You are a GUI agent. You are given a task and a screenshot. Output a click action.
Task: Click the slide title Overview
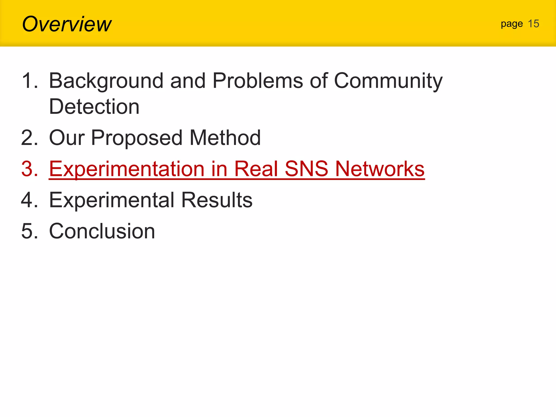point(67,24)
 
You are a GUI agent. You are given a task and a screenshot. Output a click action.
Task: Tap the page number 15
point(533,24)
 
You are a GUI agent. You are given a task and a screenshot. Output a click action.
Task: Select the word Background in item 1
point(106,81)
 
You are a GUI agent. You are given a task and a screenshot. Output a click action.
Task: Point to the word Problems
point(258,81)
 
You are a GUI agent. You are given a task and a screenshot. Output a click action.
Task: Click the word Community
point(388,81)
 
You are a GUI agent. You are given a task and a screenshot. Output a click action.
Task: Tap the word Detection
point(94,106)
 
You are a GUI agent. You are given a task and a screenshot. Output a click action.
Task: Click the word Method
point(225,138)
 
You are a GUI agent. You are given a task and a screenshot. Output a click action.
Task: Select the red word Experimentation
point(127,169)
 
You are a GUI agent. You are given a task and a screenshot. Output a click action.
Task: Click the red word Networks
point(380,169)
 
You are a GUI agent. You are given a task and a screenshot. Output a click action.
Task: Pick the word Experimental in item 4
point(112,200)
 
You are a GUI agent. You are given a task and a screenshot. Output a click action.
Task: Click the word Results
point(217,200)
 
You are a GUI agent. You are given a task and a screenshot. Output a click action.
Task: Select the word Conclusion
point(102,231)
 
